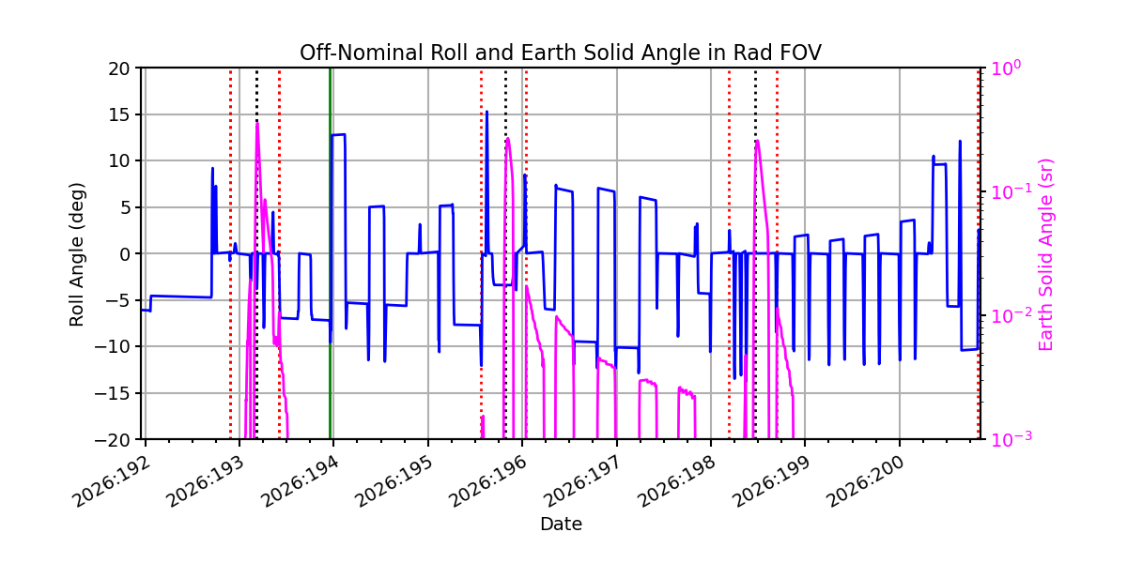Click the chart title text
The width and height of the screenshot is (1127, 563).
[561, 53]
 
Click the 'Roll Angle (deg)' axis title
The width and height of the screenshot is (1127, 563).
[76, 254]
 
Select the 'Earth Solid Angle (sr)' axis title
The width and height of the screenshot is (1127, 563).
[1045, 255]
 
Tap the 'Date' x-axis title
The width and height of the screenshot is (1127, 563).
[561, 525]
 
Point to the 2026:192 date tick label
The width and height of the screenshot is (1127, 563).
[112, 482]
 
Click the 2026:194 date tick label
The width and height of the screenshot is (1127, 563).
[301, 482]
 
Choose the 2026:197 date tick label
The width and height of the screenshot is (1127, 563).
[583, 482]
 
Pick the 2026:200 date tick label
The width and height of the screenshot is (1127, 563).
[866, 482]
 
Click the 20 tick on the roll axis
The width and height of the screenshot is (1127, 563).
[118, 68]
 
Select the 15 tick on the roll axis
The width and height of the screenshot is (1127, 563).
[118, 114]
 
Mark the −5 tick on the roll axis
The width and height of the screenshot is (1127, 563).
[117, 300]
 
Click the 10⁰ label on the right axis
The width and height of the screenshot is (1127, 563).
[1006, 67]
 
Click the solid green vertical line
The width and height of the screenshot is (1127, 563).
[330, 253]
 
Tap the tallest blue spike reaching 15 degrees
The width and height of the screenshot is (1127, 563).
[486, 112]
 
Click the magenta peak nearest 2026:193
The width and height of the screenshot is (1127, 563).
[257, 123]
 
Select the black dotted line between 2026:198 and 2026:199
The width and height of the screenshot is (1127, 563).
[755, 253]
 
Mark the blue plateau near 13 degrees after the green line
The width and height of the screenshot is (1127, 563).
[338, 135]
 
